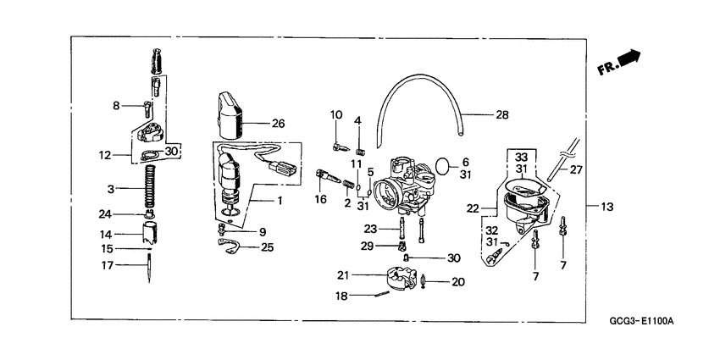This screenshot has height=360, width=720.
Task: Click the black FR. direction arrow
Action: tap(629, 58)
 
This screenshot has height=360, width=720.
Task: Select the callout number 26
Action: tap(279, 124)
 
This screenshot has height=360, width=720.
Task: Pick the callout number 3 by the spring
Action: tap(110, 187)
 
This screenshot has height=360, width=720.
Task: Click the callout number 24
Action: tap(105, 213)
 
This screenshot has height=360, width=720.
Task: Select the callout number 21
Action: tap(343, 274)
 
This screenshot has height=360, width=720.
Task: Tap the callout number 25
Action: tap(267, 248)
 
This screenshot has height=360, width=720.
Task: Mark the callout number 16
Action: tap(320, 199)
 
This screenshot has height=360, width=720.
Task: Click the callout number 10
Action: tap(336, 114)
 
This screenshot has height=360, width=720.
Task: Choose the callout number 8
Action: tap(117, 106)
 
